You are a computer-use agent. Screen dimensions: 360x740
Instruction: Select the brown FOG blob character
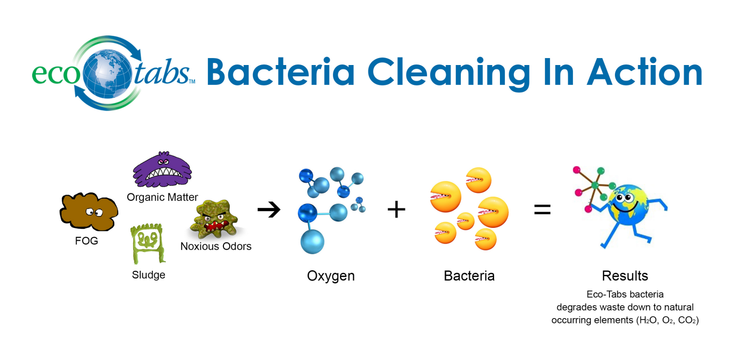click(x=89, y=213)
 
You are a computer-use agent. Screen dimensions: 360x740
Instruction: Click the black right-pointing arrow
click(x=269, y=210)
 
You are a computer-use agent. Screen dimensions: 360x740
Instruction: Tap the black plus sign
click(x=396, y=210)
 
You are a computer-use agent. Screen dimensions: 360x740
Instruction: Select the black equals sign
click(x=542, y=210)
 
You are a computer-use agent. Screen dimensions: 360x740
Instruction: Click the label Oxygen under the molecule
click(x=331, y=276)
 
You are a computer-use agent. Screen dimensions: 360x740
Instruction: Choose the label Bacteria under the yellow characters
click(x=469, y=276)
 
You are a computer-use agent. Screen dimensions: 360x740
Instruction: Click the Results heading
click(x=625, y=276)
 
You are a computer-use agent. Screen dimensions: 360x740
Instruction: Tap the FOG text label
click(x=86, y=241)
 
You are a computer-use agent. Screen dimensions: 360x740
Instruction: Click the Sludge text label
click(x=148, y=275)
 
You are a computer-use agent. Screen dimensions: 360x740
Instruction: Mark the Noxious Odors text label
click(x=216, y=247)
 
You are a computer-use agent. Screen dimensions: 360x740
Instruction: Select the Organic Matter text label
click(x=162, y=197)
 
